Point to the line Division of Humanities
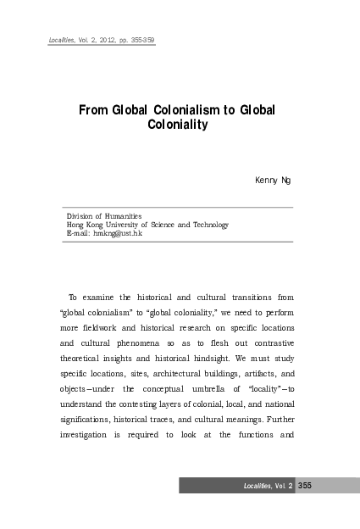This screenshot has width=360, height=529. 104,216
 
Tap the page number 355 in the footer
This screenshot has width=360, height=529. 306,485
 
